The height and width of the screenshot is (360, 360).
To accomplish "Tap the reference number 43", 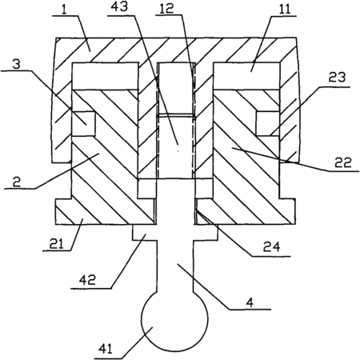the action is coord(119,6).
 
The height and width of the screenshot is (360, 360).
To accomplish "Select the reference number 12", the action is coord(167,8).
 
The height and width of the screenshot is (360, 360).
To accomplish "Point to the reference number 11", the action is coord(285,10).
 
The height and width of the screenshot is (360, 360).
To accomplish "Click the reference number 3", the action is coord(17,64).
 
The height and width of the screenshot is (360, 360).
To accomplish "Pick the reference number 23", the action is coord(337,78).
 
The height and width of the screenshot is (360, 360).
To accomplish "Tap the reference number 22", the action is coord(343,162).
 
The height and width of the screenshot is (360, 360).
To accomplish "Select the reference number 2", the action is coord(17,182).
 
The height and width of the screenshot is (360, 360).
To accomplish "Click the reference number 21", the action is coord(57,244).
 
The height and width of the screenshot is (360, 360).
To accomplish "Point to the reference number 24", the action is coord(271,247).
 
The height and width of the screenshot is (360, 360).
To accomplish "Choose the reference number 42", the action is coord(87,280).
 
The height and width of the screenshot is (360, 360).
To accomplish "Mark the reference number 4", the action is coord(250,302).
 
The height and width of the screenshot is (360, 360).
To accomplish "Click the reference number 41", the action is coord(106,349).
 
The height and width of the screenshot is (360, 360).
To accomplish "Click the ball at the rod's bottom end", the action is coord(174,318).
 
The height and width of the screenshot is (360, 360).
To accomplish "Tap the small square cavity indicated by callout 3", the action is coord(84,123).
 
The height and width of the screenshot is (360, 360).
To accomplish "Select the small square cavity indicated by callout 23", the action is coord(268,123).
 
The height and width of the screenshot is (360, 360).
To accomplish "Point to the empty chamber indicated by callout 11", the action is coord(246,76).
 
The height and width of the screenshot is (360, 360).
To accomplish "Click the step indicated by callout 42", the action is coord(145,233).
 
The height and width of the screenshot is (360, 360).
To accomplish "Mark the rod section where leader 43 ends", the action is coord(175,146).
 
